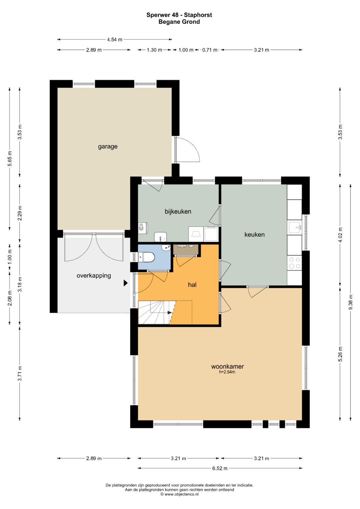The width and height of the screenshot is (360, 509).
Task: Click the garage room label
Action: pos(108,147)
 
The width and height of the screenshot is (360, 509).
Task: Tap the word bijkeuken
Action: pos(178,211)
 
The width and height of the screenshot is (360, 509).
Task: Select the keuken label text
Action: pos(255,234)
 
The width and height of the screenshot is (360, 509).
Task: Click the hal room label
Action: pos(192,284)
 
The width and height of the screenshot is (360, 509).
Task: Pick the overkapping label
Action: pos(94,276)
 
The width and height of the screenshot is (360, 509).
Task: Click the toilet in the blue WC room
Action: pos(146,257)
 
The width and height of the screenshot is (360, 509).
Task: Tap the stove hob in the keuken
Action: pos(295,263)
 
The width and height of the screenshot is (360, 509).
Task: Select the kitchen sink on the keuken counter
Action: pos(295,227)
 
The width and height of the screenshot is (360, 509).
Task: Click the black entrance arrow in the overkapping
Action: pos(125,283)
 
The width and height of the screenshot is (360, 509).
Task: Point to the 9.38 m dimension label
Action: pos(350,302)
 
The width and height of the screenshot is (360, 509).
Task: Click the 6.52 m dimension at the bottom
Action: pos(220,468)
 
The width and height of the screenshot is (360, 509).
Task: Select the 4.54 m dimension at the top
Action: pos(115,40)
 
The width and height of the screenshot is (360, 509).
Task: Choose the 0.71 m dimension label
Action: pos(210,50)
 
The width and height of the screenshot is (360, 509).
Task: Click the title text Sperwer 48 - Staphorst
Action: pos(179,15)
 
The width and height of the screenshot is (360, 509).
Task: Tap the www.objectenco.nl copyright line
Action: pos(180,494)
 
